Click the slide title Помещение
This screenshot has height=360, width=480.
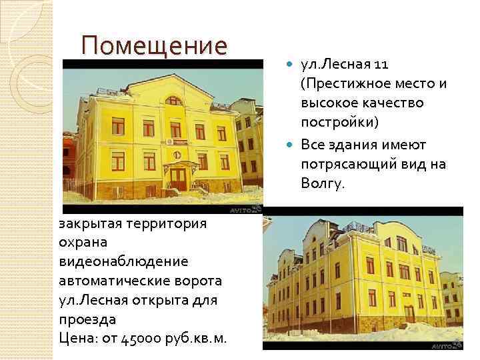tap(154, 46)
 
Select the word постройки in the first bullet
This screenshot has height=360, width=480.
tap(338, 124)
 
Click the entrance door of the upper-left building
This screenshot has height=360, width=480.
tap(177, 177)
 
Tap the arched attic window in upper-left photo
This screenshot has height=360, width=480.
tap(173, 101)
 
